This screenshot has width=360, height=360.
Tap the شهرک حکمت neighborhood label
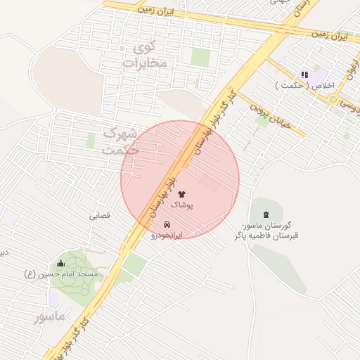coord(117,141)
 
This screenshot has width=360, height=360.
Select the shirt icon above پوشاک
coord(181,193)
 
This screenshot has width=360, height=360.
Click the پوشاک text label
coord(181,205)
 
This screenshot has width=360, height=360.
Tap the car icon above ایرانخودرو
coord(167,224)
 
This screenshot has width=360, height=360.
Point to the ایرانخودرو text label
coord(167,235)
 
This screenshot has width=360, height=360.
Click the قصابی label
coord(99,217)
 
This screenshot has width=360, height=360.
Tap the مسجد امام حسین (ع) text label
coord(62,274)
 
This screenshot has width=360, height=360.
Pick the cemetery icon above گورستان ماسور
coord(265,214)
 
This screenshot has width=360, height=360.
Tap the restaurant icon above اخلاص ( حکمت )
coord(304,75)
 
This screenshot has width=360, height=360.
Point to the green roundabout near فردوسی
coord(333,100)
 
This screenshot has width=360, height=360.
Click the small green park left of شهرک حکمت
coord(91,141)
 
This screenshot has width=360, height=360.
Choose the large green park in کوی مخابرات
coord(200,57)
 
